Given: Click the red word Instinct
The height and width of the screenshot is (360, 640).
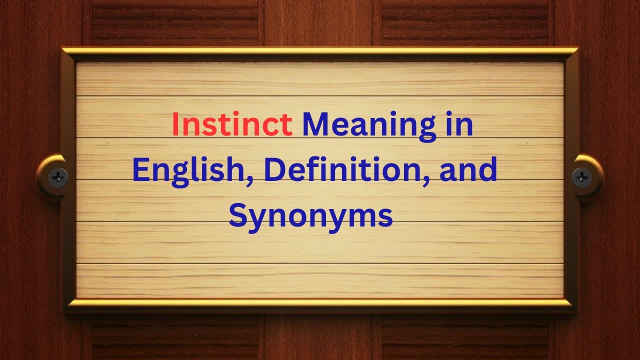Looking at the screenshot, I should (x=232, y=125).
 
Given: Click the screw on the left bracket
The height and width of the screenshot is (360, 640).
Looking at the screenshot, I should (x=58, y=175).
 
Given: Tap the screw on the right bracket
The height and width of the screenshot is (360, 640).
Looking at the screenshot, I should (x=582, y=176).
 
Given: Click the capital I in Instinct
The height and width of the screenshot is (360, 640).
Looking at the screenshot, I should (x=175, y=125).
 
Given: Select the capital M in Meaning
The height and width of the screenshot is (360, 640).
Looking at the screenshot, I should (x=315, y=125).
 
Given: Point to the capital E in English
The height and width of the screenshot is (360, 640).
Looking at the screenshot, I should (x=141, y=170).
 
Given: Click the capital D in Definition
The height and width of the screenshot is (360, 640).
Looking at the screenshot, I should (x=274, y=170).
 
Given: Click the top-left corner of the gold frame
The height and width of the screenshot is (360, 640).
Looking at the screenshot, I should (x=63, y=49).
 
